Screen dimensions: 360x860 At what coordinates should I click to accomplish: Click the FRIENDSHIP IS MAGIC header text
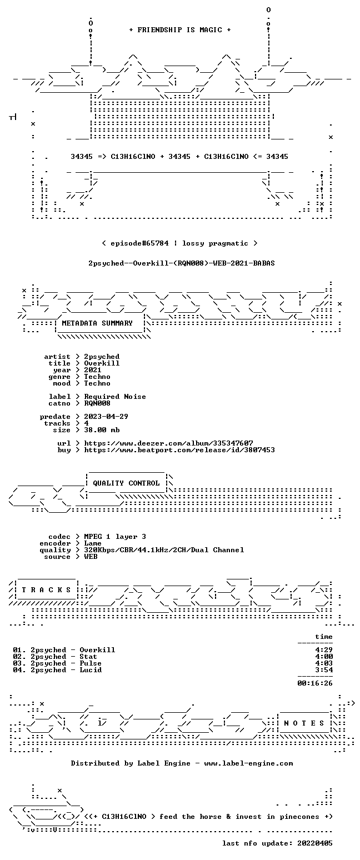coord(180,30)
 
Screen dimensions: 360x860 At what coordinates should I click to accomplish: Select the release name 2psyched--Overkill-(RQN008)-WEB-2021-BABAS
coord(182,263)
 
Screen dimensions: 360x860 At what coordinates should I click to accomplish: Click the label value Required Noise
coord(115,397)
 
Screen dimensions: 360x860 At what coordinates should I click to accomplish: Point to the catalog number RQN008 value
coord(97,403)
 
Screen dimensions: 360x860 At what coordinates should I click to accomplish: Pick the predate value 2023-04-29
coord(106,417)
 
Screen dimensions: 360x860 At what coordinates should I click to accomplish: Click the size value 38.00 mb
coord(102,430)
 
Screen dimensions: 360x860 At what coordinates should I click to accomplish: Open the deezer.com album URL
coord(168,443)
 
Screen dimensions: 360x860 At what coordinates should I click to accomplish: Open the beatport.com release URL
coord(179,450)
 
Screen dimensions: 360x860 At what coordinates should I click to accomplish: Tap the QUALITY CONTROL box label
coord(126,483)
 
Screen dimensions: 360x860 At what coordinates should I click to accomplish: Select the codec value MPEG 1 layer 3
coord(115,537)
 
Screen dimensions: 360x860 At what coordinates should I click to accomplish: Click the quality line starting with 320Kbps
coord(164,550)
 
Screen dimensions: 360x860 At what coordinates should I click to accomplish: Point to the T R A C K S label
coord(47,590)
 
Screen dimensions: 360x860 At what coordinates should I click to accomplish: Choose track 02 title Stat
coord(88,657)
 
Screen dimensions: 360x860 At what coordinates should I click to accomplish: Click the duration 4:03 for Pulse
coord(324,663)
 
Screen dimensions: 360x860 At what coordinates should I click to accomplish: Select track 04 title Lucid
coord(91,670)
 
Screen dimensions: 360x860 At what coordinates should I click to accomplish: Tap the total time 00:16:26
coord(314,683)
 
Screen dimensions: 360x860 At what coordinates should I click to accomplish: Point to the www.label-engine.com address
coord(248,763)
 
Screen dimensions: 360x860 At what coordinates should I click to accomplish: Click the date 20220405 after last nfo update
coord(314,843)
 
